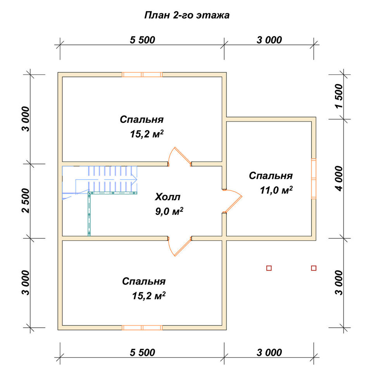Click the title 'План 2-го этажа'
[187, 15]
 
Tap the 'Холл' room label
[168, 197]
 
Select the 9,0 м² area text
[169, 211]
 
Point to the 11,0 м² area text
[276, 190]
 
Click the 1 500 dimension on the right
[339, 96]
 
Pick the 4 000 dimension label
[339, 178]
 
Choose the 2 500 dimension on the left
[26, 200]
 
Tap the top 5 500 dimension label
[142, 40]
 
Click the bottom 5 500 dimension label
[142, 353]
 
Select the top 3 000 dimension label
[269, 40]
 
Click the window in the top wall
[142, 75]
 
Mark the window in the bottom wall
[142, 327]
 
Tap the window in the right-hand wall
[314, 179]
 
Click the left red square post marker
[269, 268]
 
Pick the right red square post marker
[314, 268]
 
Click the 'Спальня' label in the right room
[271, 176]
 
